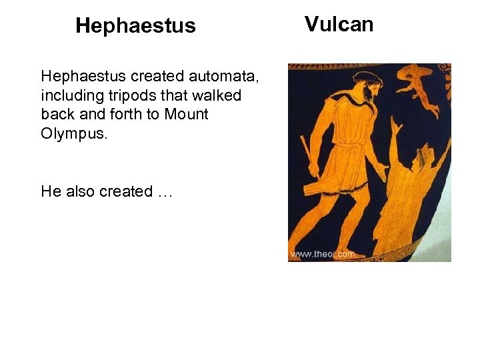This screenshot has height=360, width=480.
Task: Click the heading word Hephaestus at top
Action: pos(135,26)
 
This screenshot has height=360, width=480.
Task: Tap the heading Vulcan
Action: pos(339,24)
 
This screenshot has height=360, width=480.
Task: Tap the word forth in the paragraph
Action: pos(125,114)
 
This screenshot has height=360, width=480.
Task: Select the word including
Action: pos(67,95)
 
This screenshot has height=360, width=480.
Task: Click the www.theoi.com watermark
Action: pos(323,254)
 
